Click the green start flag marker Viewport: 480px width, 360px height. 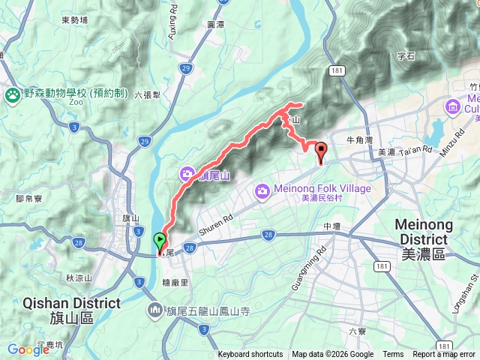(x=160, y=241)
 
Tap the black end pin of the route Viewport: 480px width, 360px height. (x=321, y=151)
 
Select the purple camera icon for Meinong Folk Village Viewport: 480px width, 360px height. (x=262, y=190)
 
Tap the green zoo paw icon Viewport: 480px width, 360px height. (x=12, y=94)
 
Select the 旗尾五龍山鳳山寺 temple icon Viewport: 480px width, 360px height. (x=155, y=310)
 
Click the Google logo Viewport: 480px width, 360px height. (x=28, y=349)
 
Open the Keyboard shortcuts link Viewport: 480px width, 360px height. (x=250, y=355)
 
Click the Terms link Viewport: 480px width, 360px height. (x=393, y=355)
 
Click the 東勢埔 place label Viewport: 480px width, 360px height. (x=75, y=20)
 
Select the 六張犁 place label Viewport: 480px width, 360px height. (x=148, y=95)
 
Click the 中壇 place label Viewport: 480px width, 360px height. (x=332, y=226)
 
